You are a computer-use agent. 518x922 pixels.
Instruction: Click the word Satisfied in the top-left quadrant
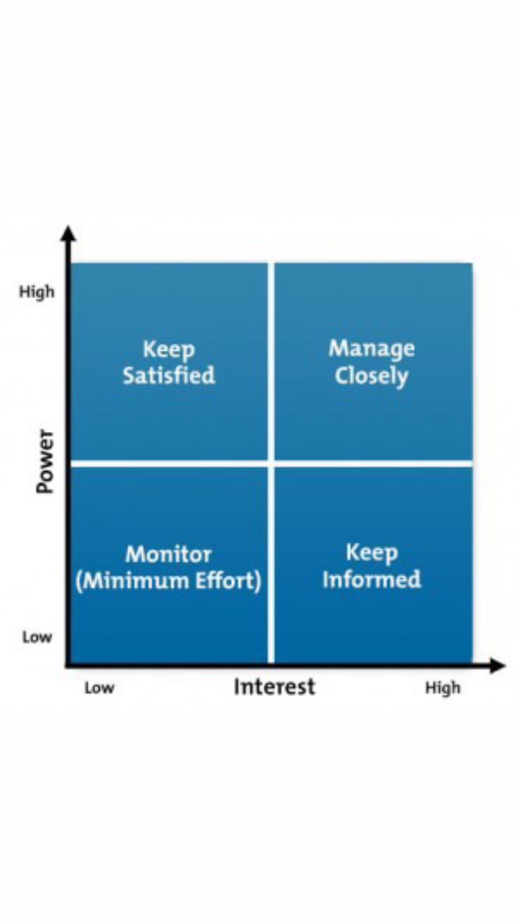tap(169, 375)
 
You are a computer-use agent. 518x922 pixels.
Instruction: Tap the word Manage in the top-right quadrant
tap(372, 349)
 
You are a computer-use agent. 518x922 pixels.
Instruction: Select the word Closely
tap(371, 376)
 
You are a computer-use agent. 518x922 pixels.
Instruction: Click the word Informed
tap(372, 579)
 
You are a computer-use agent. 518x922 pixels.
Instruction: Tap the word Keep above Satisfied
tap(169, 350)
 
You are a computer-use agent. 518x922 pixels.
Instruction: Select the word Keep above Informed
tap(372, 553)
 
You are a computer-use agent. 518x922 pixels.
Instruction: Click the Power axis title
tap(45, 462)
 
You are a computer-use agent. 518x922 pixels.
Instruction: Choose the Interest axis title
tap(274, 686)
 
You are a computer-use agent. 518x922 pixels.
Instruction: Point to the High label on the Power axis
tap(37, 292)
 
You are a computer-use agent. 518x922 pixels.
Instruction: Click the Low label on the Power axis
tap(37, 637)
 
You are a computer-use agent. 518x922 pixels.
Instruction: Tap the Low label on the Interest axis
tap(100, 688)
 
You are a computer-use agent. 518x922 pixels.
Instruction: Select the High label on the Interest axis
tap(443, 688)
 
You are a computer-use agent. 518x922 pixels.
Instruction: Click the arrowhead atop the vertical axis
tap(68, 233)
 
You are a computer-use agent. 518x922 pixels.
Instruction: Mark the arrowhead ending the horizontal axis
tap(497, 666)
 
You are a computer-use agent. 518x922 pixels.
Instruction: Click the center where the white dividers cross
tap(271, 464)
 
